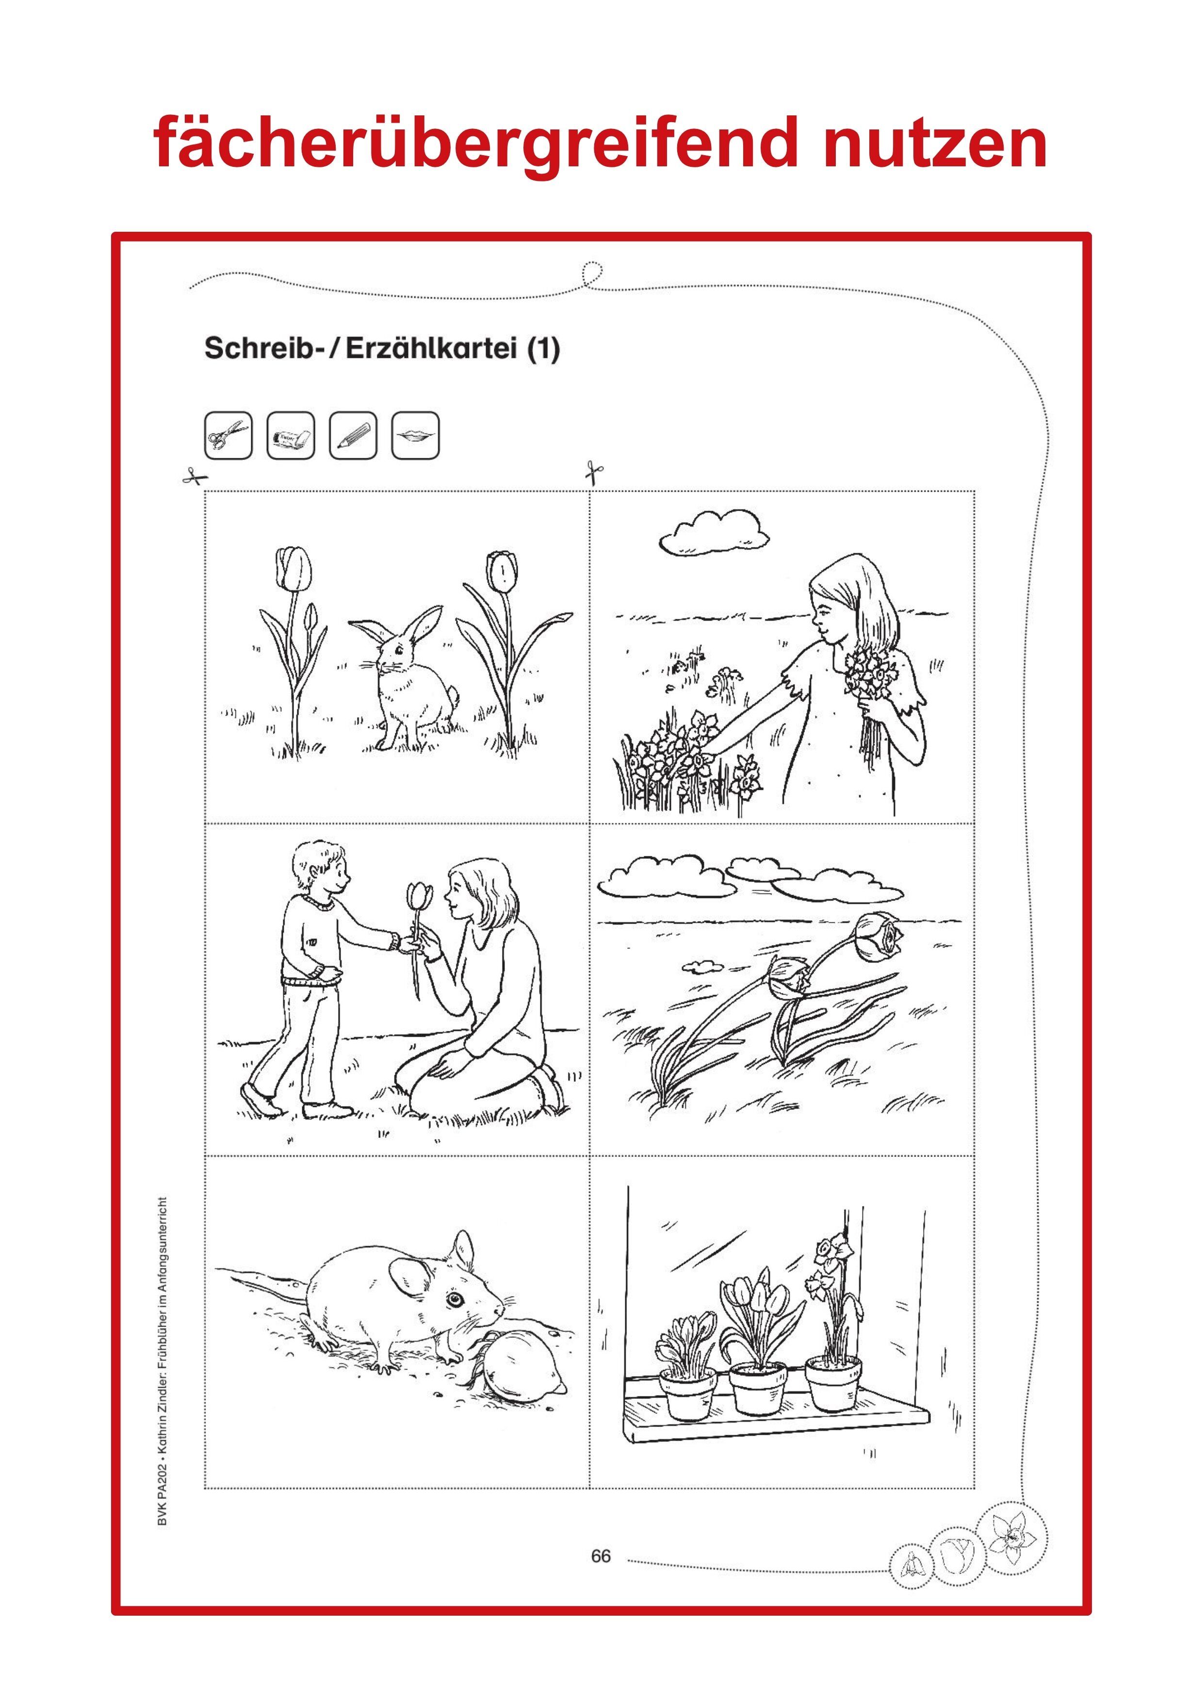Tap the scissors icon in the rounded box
click(x=228, y=435)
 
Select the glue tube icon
click(x=291, y=435)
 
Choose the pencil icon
click(x=353, y=435)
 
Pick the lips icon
click(x=415, y=435)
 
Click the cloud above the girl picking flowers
click(x=714, y=530)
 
